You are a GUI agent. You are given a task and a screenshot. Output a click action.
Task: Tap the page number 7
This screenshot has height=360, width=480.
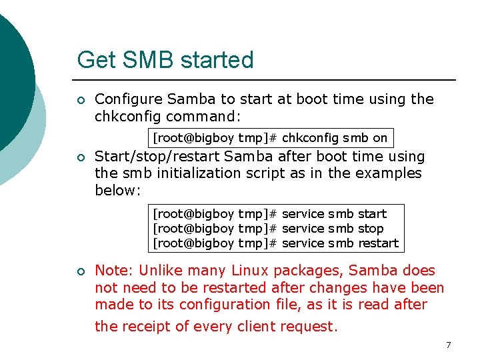(448, 345)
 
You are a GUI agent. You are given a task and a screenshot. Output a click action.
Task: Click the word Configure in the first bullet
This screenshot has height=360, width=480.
(129, 99)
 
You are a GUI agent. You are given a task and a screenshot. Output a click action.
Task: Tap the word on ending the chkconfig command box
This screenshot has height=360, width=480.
(380, 138)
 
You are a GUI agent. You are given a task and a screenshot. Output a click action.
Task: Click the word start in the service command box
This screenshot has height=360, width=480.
(372, 214)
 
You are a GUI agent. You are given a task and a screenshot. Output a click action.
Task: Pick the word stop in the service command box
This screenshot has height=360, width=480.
(371, 229)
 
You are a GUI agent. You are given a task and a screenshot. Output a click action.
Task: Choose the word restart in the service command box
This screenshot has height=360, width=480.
(378, 243)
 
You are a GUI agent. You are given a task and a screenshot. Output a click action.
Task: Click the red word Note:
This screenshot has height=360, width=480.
(113, 271)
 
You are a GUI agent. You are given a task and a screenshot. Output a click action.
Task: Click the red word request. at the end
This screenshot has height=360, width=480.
(309, 327)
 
